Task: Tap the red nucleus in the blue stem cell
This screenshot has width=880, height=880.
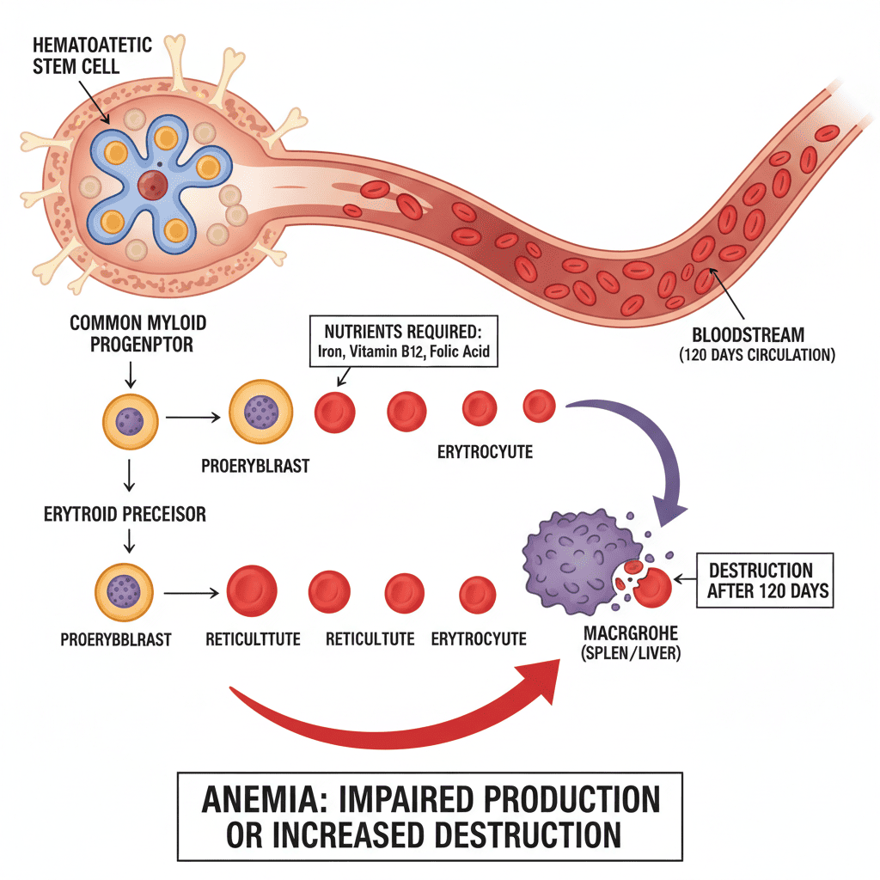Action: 152,184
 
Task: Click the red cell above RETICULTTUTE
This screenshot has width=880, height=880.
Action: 252,590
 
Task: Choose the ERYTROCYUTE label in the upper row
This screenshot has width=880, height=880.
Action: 486,452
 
